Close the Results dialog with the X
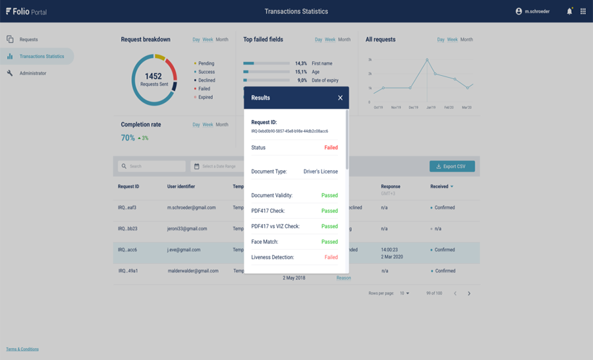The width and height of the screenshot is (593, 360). (340, 98)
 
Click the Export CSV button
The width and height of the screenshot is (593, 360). (452, 166)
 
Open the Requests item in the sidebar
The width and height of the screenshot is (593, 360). (28, 40)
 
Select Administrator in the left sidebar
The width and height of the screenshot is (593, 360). (32, 73)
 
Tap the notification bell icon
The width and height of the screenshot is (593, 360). (569, 11)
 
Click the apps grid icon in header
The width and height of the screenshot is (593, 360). (583, 11)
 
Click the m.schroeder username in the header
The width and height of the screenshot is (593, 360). (536, 11)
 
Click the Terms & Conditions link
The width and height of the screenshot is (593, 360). (22, 349)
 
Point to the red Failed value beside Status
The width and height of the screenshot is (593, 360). (331, 148)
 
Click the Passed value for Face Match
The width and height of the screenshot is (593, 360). (329, 242)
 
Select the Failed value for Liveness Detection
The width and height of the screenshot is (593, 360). (331, 257)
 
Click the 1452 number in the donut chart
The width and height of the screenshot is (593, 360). (153, 76)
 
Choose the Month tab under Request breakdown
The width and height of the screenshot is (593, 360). (222, 40)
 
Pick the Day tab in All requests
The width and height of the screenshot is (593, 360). (440, 40)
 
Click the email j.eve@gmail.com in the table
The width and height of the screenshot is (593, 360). (184, 250)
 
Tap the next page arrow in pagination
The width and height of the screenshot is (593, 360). (469, 293)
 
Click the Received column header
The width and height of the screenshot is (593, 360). (441, 187)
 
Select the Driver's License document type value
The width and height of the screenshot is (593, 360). (320, 171)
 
